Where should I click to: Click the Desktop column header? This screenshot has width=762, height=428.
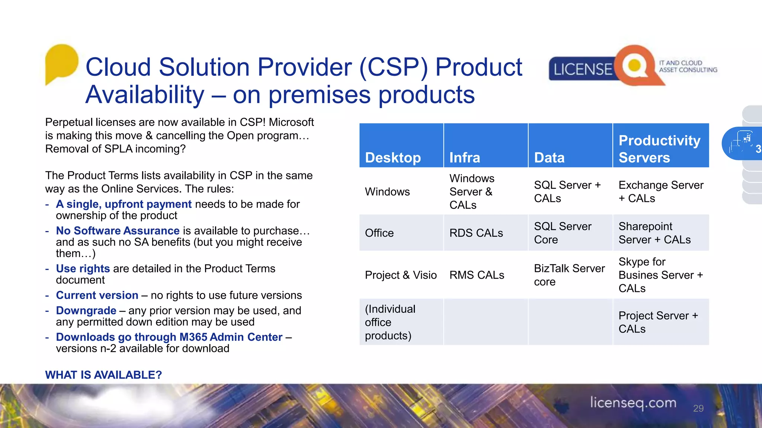pos(393,158)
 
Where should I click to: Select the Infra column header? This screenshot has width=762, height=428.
pos(465,158)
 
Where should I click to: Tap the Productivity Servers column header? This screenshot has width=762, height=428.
pos(659,149)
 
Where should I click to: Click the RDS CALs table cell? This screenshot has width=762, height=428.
pos(476,233)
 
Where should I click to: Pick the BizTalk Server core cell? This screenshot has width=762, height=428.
pos(569,275)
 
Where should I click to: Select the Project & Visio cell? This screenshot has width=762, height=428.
pos(401,275)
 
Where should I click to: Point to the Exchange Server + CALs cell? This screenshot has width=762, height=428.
pos(661,191)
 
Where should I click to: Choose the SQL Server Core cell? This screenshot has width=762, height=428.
pos(563,233)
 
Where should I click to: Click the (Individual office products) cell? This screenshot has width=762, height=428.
pos(390,322)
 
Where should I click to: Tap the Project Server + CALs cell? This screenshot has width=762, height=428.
pos(658,322)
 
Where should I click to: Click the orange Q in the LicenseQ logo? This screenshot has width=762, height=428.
pos(635,66)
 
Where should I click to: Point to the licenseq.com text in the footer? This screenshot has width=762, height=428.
pos(633,403)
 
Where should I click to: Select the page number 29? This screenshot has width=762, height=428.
pos(698,408)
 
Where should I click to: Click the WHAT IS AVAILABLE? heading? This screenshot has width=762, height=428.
pos(103,375)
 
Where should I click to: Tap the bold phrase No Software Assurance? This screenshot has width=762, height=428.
pos(118,231)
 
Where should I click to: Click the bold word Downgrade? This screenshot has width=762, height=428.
pos(86,311)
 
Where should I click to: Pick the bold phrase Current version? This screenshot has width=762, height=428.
pos(97,295)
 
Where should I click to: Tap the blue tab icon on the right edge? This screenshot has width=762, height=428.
pos(742,143)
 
